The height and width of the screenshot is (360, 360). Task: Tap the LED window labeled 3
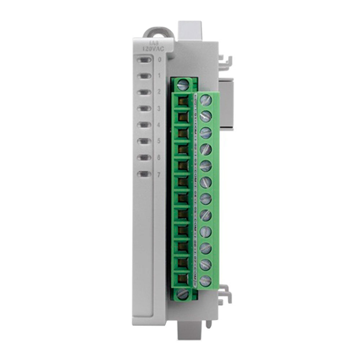(x=145, y=108)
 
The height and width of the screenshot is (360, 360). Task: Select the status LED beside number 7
(x=145, y=174)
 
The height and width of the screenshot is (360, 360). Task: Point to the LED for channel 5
(x=145, y=141)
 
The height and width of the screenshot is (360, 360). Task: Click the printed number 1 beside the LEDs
(x=159, y=76)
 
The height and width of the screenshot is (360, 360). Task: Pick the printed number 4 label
(x=159, y=125)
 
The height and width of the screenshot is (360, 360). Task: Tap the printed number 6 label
(x=159, y=158)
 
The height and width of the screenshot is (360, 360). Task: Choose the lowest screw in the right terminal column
(x=205, y=279)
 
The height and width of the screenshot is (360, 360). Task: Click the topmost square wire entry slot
(x=183, y=100)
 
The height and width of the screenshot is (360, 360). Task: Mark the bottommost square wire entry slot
(x=183, y=277)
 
